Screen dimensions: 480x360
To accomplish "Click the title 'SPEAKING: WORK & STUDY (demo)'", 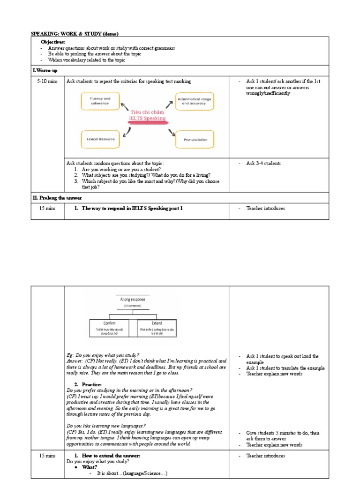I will pyautogui.click(x=75, y=34).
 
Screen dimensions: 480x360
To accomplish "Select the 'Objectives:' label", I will pyautogui.click(x=53, y=42).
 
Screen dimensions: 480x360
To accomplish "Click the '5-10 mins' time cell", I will pyautogui.click(x=47, y=82).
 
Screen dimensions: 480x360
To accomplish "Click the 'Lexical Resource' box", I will pyautogui.click(x=100, y=139).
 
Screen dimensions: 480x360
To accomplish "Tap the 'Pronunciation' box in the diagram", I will pyautogui.click(x=196, y=139).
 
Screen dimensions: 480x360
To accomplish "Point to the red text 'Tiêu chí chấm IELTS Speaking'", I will pyautogui.click(x=148, y=115).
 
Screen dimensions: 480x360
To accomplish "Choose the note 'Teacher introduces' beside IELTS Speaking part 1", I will pyautogui.click(x=265, y=209).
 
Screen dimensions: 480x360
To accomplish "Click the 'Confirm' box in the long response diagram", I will pyautogui.click(x=112, y=326).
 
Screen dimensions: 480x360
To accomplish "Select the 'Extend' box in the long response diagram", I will pyautogui.click(x=157, y=326).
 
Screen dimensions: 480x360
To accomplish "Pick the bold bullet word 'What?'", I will pyautogui.click(x=90, y=467).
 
